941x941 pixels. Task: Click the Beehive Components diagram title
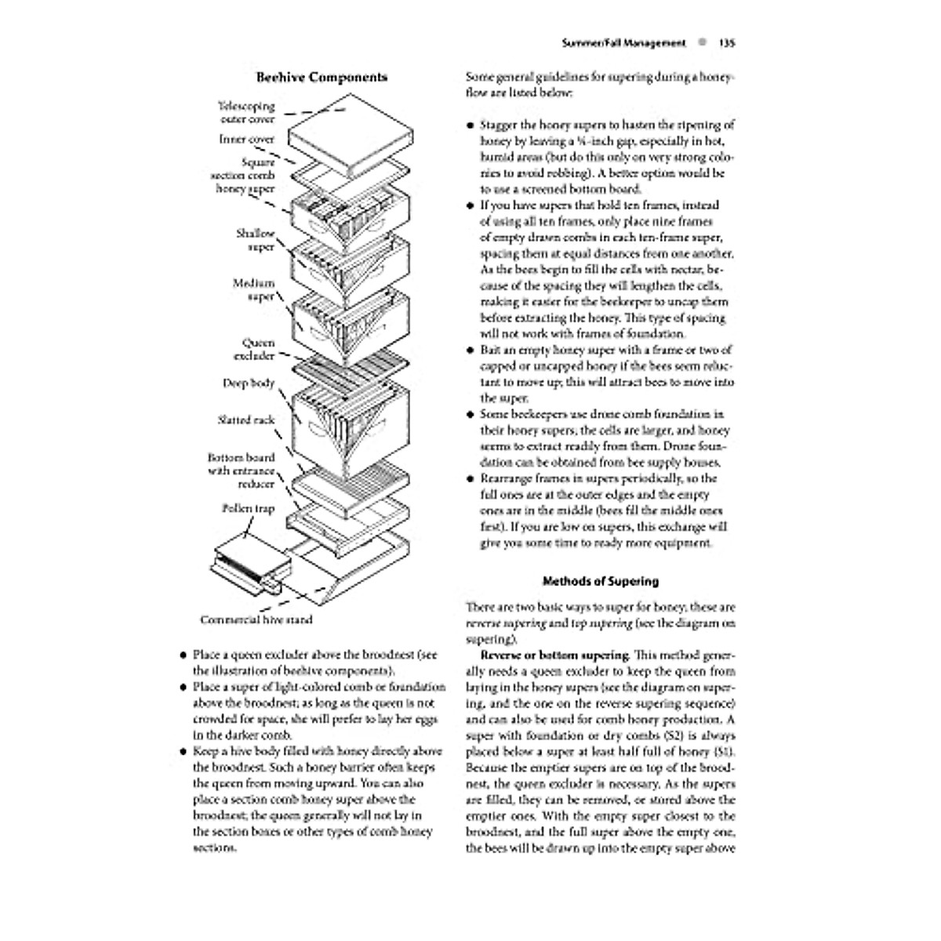pos(322,78)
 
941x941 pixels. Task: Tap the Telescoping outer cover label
pos(246,113)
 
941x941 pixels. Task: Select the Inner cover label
pos(246,140)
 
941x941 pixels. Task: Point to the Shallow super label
pos(256,240)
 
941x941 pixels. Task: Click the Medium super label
pos(253,290)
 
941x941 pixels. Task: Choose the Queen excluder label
pos(254,349)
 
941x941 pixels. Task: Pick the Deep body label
pos(249,383)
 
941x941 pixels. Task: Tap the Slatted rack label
pos(246,420)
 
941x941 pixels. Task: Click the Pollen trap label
pos(248,509)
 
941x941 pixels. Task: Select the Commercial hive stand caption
pos(256,620)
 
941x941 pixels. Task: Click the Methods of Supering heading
pos(601,582)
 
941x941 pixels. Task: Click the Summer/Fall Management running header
pos(624,43)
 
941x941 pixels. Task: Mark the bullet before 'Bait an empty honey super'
pos(470,351)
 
